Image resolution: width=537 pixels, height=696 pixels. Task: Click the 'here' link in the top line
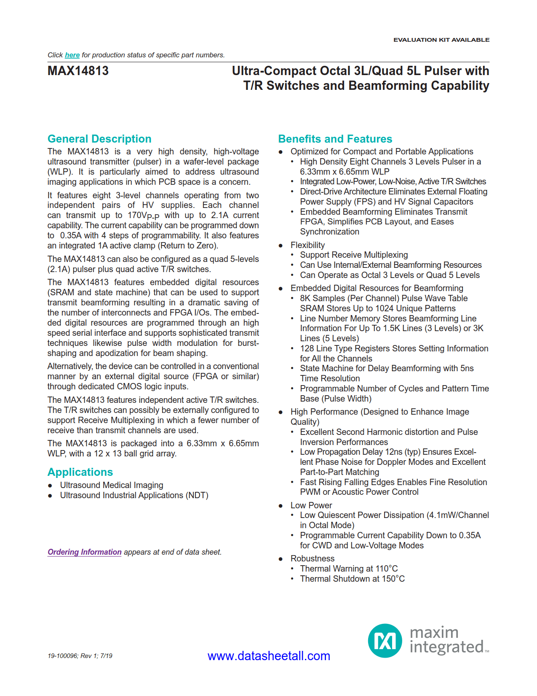[72, 55]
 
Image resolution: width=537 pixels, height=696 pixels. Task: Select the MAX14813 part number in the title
[78, 71]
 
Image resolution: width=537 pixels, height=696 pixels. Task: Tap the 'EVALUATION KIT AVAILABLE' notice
[441, 40]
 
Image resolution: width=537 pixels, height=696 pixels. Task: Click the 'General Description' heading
[99, 139]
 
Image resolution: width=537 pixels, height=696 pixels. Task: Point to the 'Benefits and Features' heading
[335, 139]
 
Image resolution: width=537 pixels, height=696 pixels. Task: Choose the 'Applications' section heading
[80, 472]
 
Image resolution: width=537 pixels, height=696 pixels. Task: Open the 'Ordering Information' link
[84, 552]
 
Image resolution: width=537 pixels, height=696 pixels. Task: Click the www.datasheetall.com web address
[269, 656]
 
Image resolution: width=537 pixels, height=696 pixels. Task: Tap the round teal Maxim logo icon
[385, 641]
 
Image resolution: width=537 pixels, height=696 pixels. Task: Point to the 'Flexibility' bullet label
[307, 245]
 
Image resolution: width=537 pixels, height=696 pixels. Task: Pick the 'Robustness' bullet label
[312, 558]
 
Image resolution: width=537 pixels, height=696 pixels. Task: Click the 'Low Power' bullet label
[311, 505]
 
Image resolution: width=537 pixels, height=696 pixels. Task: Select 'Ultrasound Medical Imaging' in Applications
[112, 485]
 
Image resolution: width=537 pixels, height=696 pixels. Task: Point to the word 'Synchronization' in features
[329, 232]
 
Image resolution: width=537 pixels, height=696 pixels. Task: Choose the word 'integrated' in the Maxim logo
[446, 647]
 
